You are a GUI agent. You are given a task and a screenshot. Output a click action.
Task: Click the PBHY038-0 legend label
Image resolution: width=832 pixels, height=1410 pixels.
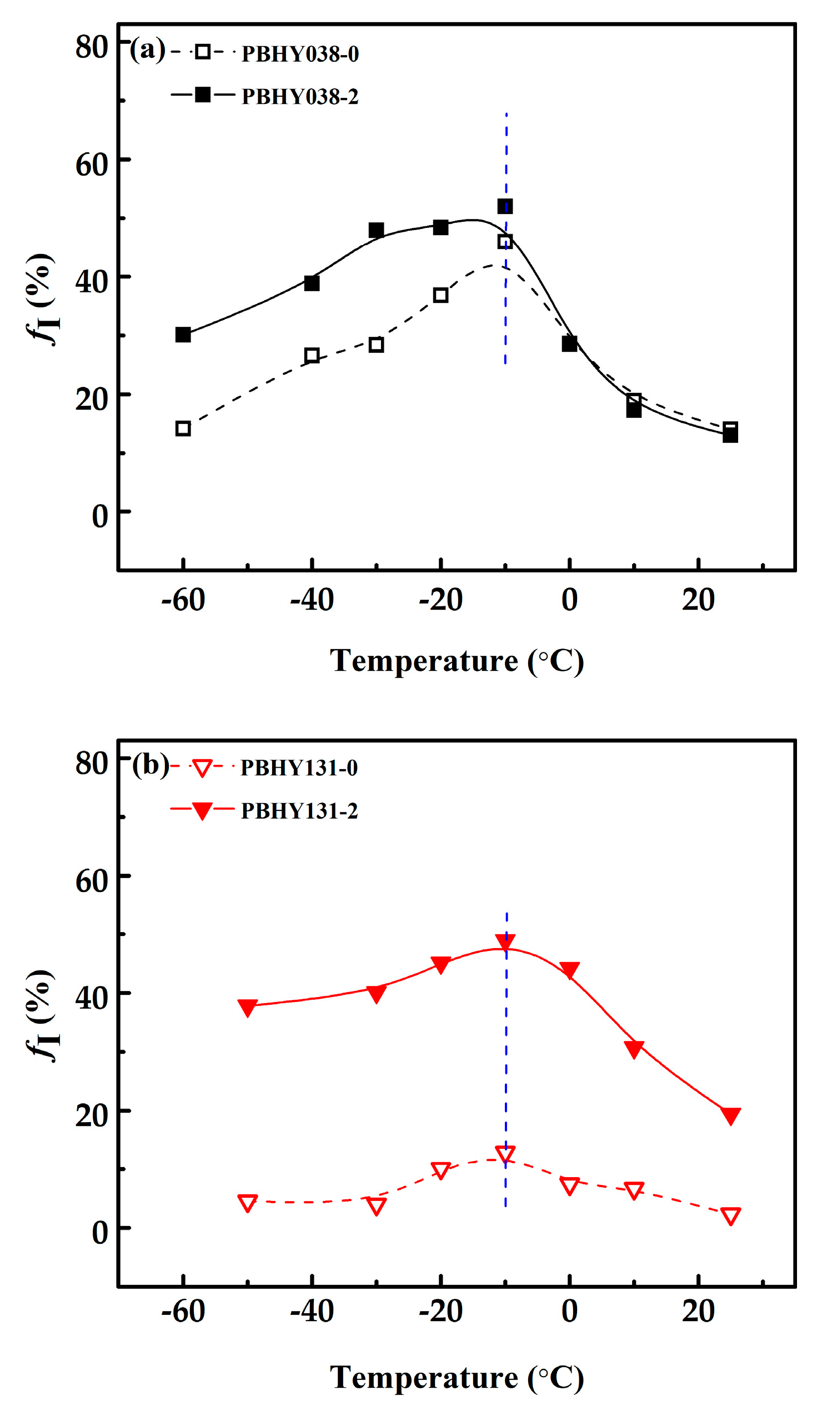(300, 54)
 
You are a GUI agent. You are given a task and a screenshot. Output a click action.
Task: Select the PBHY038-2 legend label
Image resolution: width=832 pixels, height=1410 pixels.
(300, 97)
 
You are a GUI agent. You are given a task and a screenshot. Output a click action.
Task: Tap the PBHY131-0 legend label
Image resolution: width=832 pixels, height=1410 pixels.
(299, 768)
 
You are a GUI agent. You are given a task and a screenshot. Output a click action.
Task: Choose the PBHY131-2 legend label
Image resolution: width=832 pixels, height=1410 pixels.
(299, 811)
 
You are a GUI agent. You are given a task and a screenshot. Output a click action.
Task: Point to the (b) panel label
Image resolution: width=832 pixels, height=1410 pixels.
(150, 765)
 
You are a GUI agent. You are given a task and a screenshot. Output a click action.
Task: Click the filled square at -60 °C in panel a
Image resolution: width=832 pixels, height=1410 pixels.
(183, 335)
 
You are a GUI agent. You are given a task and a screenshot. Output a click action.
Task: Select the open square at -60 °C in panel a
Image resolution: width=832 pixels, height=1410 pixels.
(183, 429)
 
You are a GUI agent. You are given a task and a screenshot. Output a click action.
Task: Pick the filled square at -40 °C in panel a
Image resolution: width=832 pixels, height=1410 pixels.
(312, 283)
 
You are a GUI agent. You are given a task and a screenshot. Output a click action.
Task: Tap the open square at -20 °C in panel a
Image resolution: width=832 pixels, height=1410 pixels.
(440, 296)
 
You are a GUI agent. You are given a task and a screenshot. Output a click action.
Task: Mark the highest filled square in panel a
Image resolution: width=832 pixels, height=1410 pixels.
(505, 206)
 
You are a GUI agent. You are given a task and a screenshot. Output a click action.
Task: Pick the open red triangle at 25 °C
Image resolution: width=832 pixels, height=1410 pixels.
(730, 1215)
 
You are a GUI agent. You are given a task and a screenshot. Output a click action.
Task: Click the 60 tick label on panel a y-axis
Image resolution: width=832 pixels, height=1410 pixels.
(92, 166)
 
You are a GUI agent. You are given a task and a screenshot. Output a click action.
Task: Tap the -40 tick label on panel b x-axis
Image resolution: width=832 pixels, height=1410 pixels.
(312, 1311)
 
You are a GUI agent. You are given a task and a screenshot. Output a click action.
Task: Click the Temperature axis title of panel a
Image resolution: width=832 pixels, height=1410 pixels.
(457, 661)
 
